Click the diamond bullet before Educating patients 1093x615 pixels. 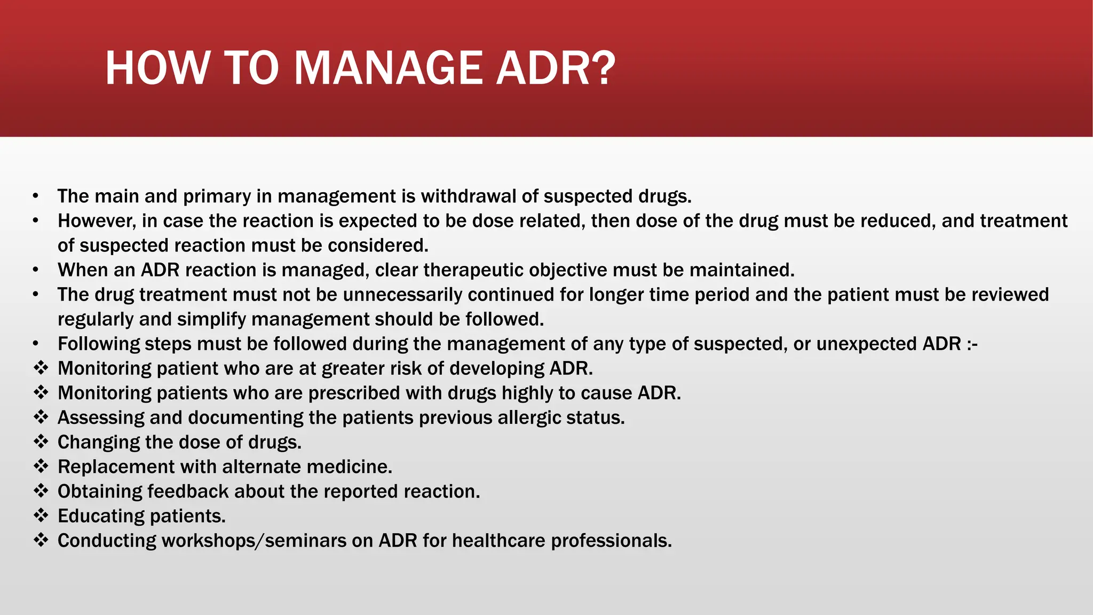tap(41, 515)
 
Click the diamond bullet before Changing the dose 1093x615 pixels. tap(41, 441)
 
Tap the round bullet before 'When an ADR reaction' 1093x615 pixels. tap(35, 270)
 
